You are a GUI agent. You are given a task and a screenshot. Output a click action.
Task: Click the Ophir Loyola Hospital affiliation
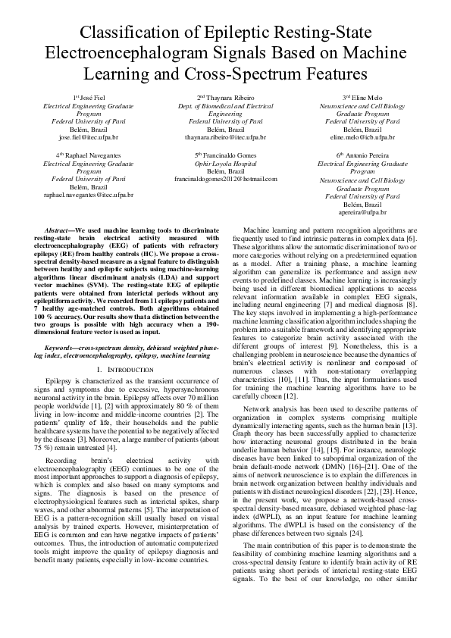click(225, 163)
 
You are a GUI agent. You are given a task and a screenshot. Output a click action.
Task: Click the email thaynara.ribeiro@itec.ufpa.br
click(225, 139)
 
